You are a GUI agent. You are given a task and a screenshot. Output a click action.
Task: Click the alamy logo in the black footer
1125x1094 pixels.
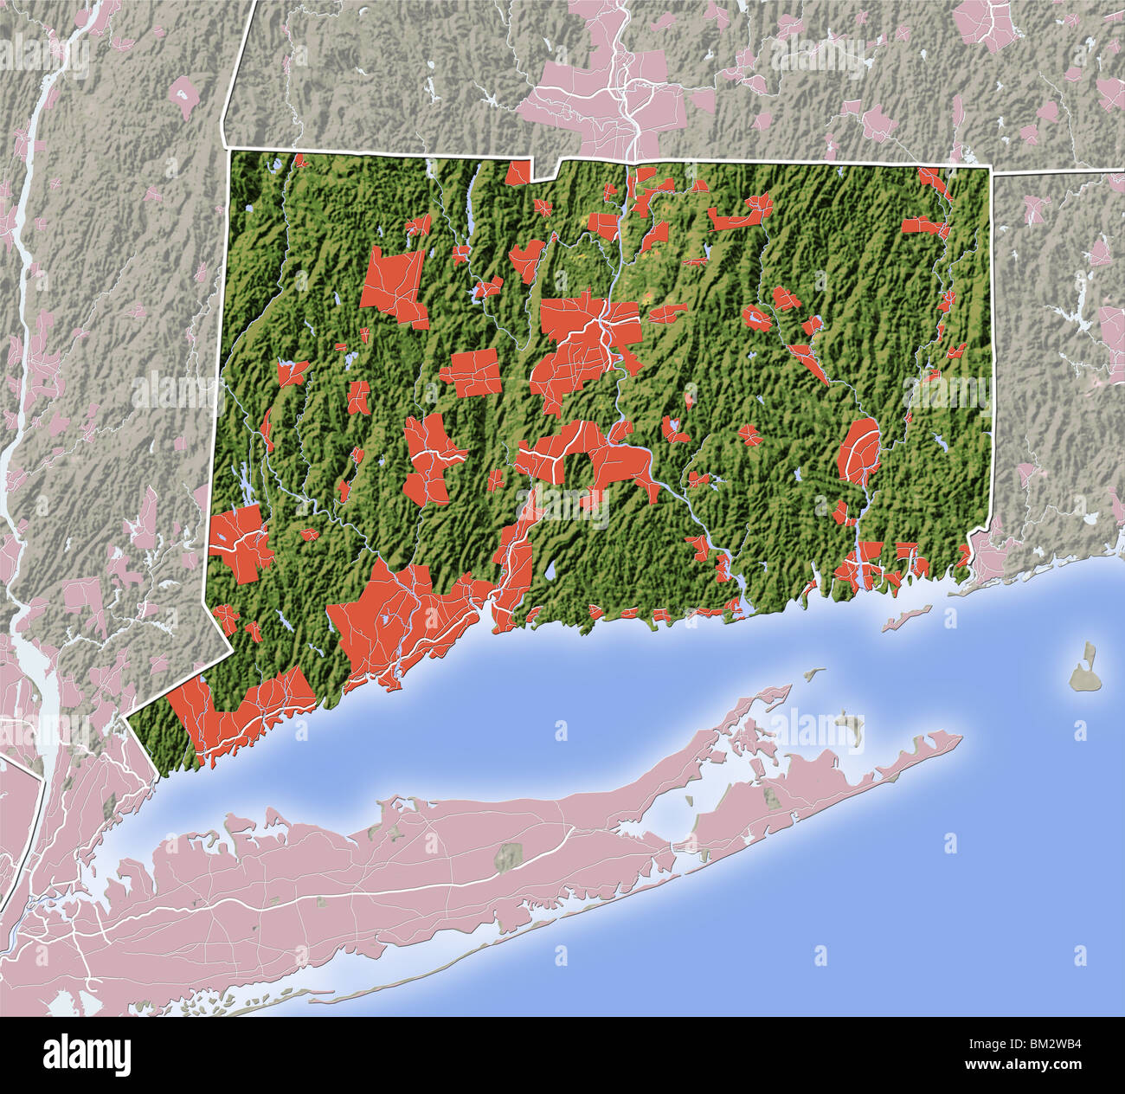87,1056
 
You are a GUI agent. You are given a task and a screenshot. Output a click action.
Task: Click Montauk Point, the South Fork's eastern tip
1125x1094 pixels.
959,738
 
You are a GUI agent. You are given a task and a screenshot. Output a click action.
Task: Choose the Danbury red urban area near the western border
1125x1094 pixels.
238,541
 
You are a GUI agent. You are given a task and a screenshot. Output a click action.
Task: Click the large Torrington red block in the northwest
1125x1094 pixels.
394,286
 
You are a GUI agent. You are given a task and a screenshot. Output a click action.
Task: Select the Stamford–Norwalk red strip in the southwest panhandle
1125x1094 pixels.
242,710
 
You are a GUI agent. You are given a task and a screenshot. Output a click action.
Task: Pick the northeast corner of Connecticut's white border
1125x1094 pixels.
990,170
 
